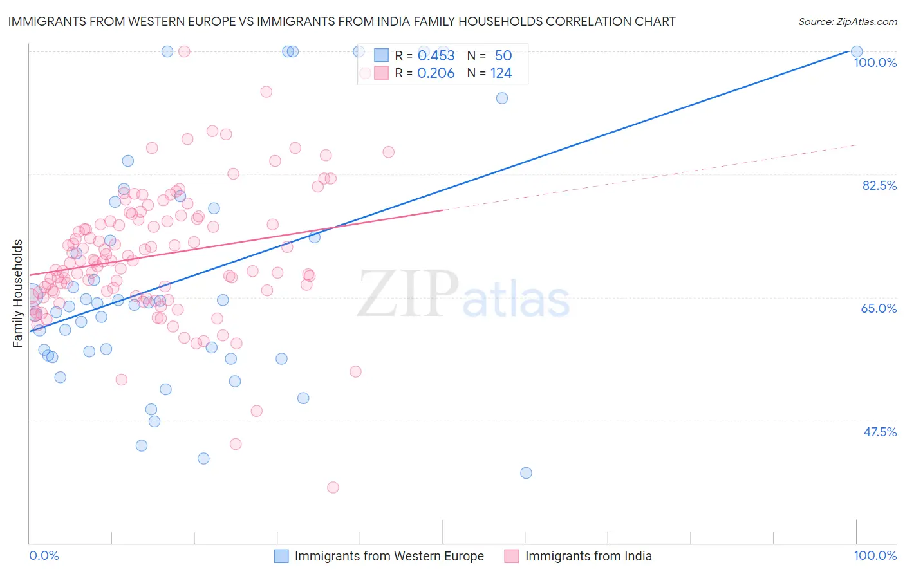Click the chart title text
point(342,21)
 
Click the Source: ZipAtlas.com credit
point(847,21)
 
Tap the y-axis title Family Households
point(17,293)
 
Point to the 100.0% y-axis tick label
point(875,62)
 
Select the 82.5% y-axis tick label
point(879,185)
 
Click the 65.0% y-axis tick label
point(879,308)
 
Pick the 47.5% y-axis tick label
point(879,432)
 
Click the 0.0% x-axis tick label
point(44,555)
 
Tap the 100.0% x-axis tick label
point(875,555)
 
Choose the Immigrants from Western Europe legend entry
point(389,556)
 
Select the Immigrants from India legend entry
point(588,556)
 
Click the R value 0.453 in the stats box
point(436,56)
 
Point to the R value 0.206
point(436,73)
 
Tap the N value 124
point(501,73)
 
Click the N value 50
point(503,56)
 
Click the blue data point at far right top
point(856,51)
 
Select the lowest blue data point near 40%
point(526,473)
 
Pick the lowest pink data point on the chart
point(333,487)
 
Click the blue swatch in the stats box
point(382,55)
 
